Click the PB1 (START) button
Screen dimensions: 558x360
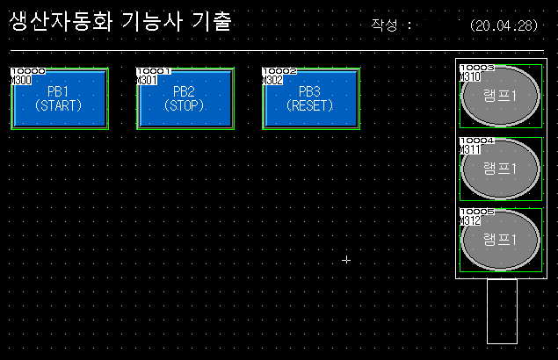[x=58, y=99]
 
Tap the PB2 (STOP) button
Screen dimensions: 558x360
[x=185, y=99]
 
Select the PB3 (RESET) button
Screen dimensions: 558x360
[x=310, y=99]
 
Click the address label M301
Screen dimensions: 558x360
[x=146, y=80]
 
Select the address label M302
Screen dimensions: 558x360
[x=272, y=80]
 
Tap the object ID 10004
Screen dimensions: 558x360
[x=477, y=140]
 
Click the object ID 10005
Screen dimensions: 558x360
[x=477, y=212]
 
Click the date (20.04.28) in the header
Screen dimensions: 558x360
[x=504, y=25]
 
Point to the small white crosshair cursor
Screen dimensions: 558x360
[x=346, y=260]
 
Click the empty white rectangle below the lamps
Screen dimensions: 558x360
[x=502, y=310]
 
